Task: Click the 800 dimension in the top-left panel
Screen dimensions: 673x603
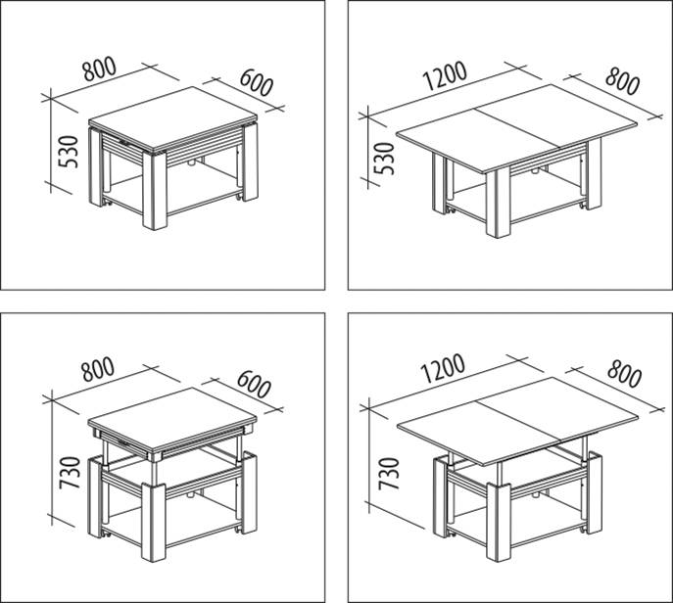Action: [x=100, y=70]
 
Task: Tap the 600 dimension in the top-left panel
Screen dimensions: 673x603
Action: [x=257, y=82]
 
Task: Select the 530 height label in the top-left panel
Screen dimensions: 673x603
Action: [x=69, y=152]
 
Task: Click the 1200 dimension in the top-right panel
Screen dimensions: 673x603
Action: [x=445, y=76]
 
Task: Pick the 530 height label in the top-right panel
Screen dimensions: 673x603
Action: [x=384, y=159]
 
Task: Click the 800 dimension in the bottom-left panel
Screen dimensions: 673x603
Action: [x=98, y=369]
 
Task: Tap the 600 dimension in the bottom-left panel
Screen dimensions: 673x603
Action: [x=254, y=384]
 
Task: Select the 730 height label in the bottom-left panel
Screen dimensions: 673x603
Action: [x=70, y=473]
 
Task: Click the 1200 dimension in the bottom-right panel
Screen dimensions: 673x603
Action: [x=443, y=368]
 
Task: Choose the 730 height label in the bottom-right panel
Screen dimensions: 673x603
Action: [x=389, y=475]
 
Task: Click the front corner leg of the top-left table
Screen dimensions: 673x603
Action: [x=155, y=191]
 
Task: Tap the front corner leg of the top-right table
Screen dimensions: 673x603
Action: [x=499, y=203]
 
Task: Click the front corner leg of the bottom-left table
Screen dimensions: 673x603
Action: [x=154, y=523]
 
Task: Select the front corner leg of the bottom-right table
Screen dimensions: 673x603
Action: [x=499, y=523]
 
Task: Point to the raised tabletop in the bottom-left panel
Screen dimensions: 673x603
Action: [x=172, y=419]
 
